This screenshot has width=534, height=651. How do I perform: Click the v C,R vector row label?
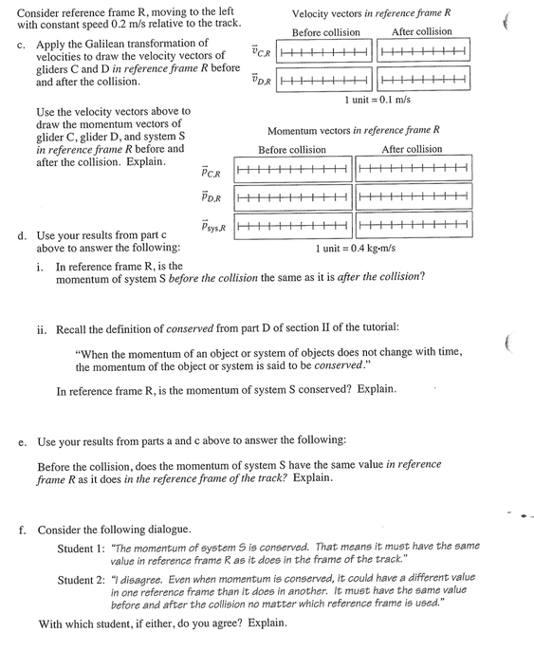click(261, 52)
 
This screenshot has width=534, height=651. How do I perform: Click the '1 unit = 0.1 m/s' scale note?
click(377, 100)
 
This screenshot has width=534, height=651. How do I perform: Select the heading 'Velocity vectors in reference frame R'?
click(371, 13)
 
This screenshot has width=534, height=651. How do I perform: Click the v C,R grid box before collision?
click(325, 53)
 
